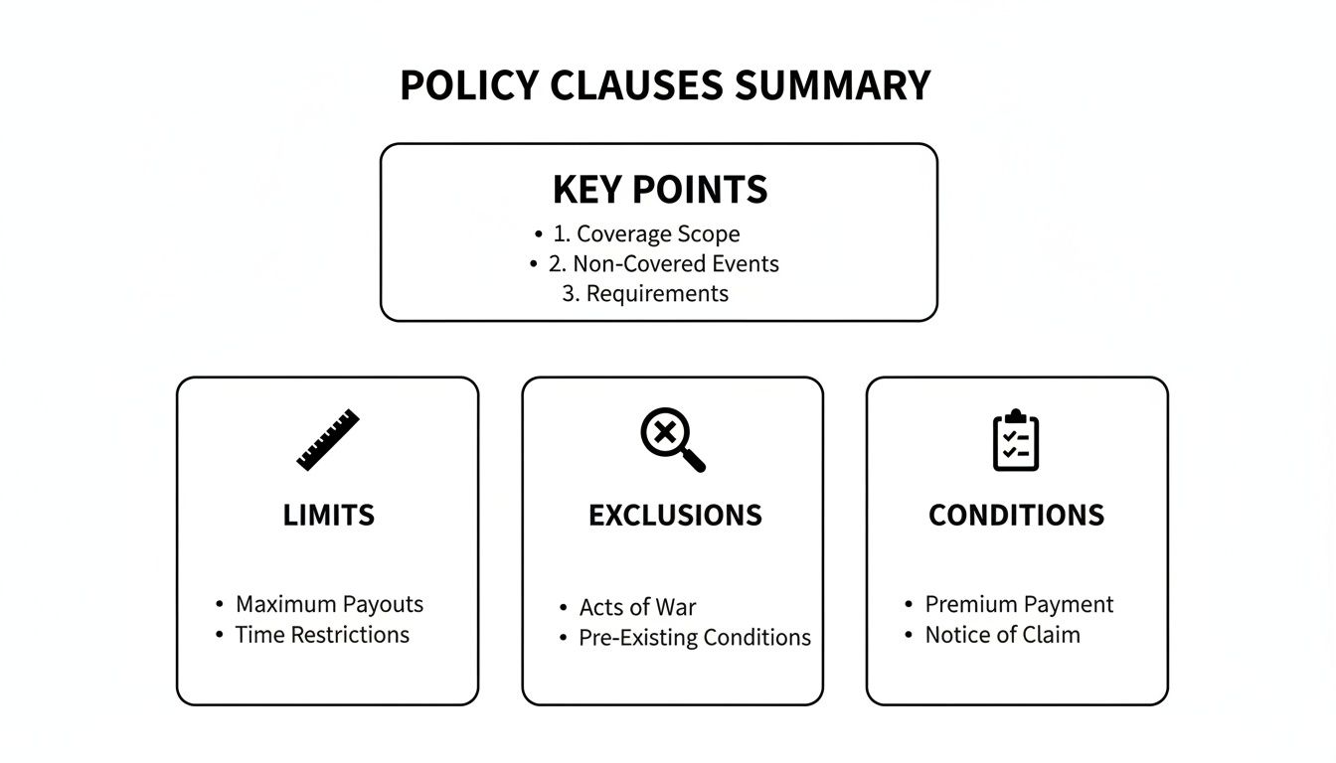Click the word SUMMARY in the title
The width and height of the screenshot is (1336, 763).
point(832,85)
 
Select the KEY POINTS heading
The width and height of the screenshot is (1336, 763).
point(660,189)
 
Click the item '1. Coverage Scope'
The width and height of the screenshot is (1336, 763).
point(658,234)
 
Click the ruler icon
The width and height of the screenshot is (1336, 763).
point(328,439)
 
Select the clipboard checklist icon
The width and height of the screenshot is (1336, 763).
point(1016,440)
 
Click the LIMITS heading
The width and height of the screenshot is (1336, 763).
point(328,515)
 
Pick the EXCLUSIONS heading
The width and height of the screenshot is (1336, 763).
point(675,515)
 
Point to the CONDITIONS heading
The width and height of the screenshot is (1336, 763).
point(1016,515)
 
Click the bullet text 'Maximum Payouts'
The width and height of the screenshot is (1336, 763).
point(329,604)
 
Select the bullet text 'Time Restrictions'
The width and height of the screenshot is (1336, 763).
point(322,635)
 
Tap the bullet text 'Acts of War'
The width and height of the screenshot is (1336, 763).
point(637,608)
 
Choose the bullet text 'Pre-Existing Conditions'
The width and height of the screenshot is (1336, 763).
point(695,638)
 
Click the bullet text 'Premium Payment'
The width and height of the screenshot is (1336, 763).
point(1019,604)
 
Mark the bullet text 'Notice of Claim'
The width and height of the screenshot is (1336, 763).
point(1002,635)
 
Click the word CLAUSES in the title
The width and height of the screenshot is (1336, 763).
point(637,85)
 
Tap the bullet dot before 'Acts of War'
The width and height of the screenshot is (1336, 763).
point(564,608)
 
